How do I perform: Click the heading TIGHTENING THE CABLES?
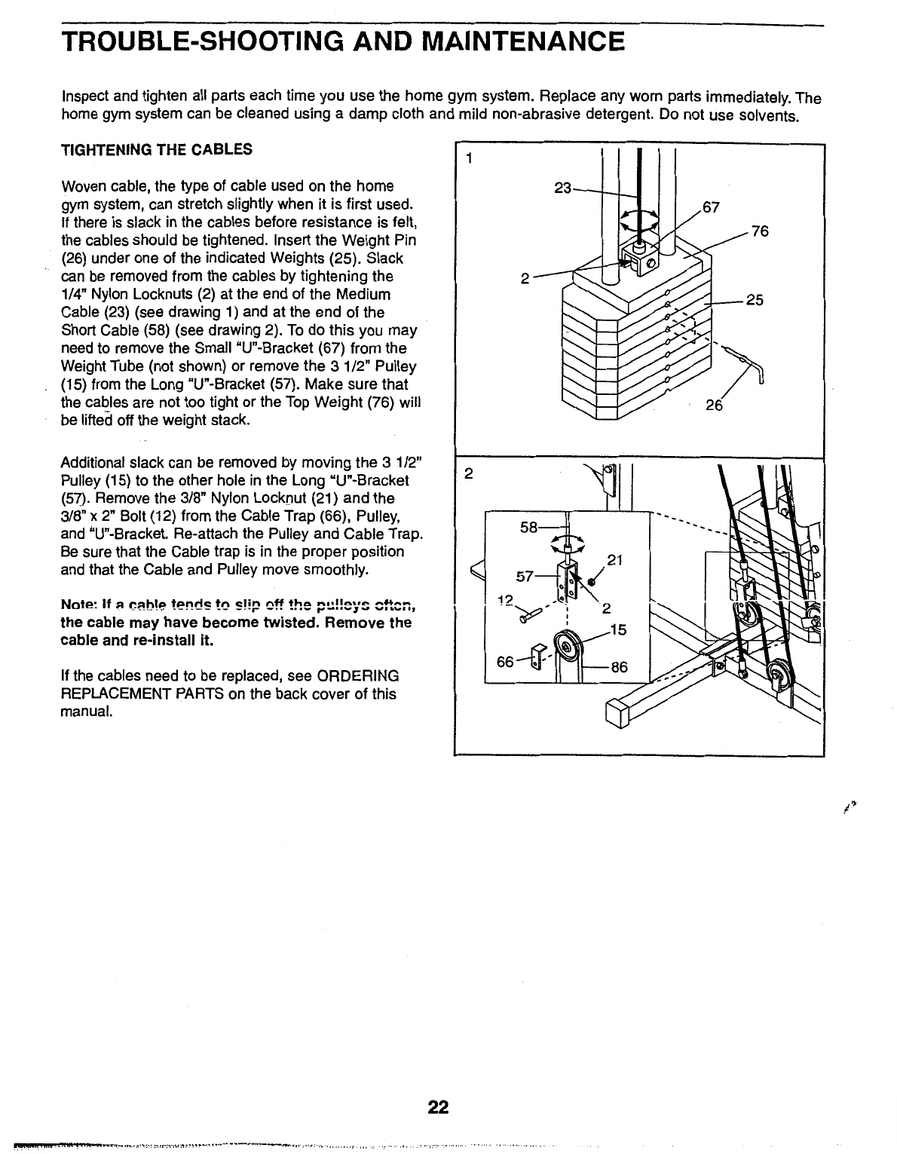(x=156, y=148)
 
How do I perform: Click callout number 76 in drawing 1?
(x=759, y=231)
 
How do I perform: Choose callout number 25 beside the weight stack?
(x=755, y=301)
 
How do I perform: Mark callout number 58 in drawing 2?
(x=529, y=527)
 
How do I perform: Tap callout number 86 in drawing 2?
(x=619, y=666)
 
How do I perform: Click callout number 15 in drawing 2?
(x=618, y=629)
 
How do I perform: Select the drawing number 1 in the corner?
(x=469, y=159)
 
